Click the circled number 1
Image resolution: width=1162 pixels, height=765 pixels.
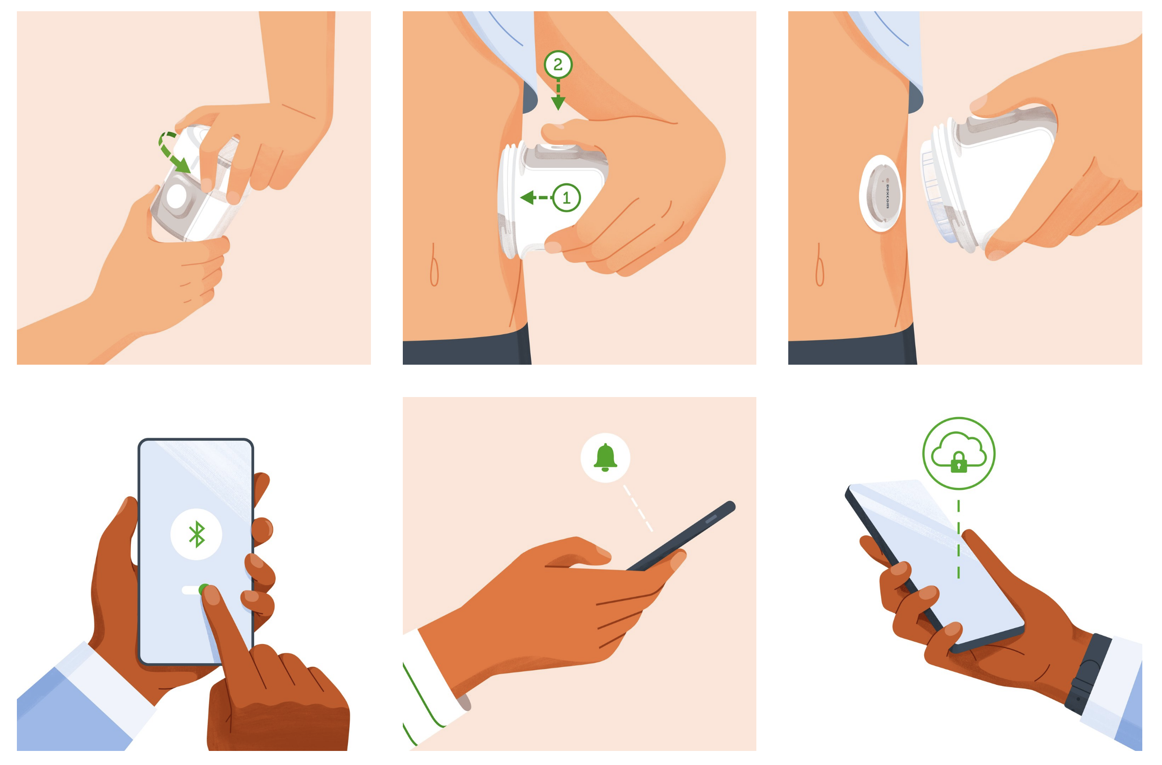click(566, 198)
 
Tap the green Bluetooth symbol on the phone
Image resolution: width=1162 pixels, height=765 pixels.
click(196, 534)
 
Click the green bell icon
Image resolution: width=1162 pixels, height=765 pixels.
click(605, 457)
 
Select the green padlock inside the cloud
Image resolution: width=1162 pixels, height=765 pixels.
click(958, 462)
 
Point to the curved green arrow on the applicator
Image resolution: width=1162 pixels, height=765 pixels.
click(172, 151)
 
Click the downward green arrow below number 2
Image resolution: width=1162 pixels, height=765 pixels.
click(558, 96)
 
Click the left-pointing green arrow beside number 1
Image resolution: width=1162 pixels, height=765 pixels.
click(536, 198)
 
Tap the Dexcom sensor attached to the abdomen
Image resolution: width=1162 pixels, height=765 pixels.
click(880, 193)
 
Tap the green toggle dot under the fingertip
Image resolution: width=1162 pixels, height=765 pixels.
click(204, 590)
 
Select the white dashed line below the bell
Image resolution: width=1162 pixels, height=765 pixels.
click(638, 508)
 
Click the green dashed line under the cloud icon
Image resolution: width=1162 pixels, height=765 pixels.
click(958, 539)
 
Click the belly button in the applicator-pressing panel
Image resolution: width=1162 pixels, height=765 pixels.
click(434, 265)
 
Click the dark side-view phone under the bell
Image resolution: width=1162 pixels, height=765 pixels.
click(681, 536)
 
